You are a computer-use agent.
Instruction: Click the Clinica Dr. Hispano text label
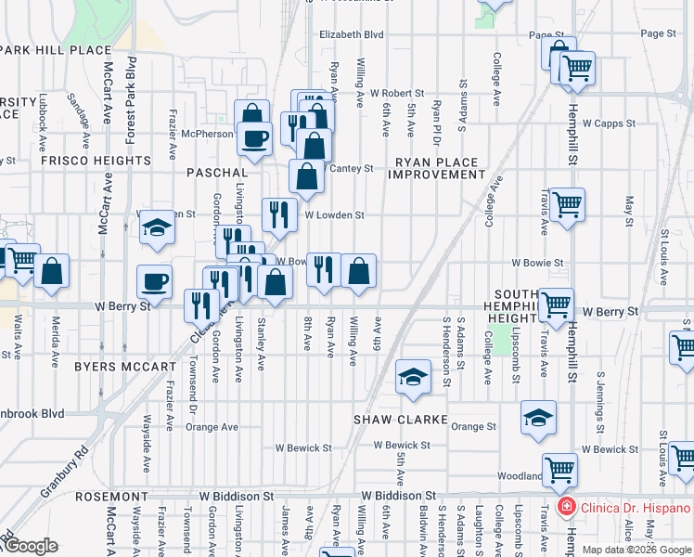(636, 508)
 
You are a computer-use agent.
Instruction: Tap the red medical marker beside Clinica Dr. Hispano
(564, 508)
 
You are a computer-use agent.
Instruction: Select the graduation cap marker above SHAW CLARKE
(414, 377)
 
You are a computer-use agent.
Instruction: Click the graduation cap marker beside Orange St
(538, 419)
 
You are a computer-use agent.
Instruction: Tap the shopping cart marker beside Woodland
(559, 471)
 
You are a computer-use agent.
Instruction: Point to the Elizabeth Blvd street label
(351, 34)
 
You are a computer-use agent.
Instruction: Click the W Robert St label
(397, 94)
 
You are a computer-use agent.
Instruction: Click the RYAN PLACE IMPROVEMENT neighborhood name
(434, 168)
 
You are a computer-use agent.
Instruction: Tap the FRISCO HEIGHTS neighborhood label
(96, 161)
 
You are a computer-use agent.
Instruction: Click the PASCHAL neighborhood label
(217, 173)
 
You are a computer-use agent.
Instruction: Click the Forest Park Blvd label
(130, 100)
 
